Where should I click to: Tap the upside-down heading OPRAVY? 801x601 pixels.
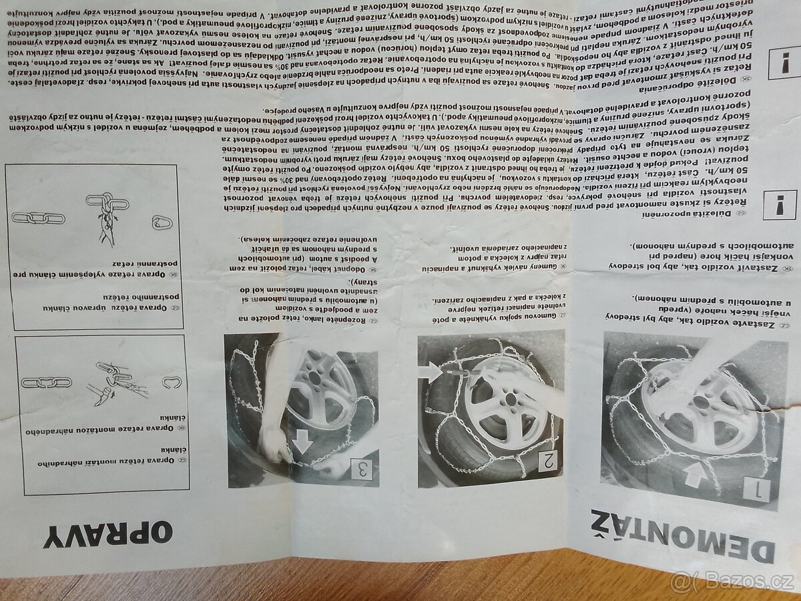pyautogui.click(x=108, y=534)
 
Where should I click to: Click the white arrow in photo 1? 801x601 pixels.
pyautogui.click(x=694, y=475)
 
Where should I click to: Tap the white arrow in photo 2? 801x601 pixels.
pyautogui.click(x=433, y=371)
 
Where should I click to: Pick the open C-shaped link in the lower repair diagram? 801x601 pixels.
pyautogui.click(x=172, y=383)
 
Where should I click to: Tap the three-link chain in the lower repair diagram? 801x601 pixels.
pyautogui.click(x=47, y=382)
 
